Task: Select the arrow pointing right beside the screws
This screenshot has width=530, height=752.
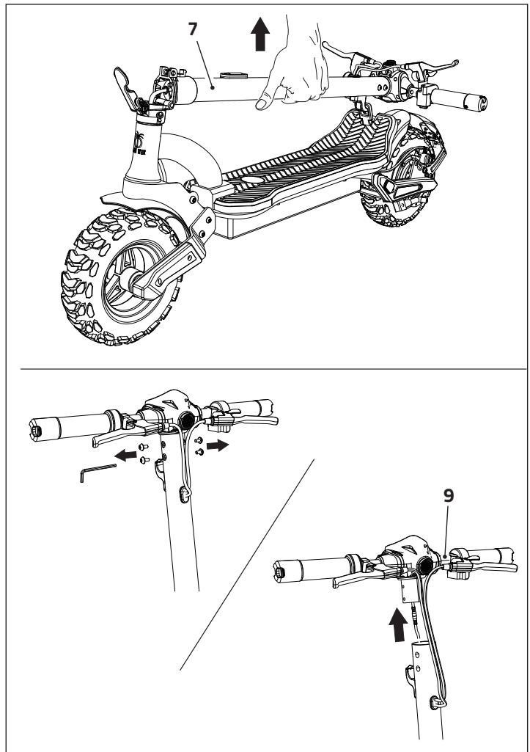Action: click(x=218, y=445)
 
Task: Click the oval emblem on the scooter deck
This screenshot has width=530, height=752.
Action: click(x=252, y=179)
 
